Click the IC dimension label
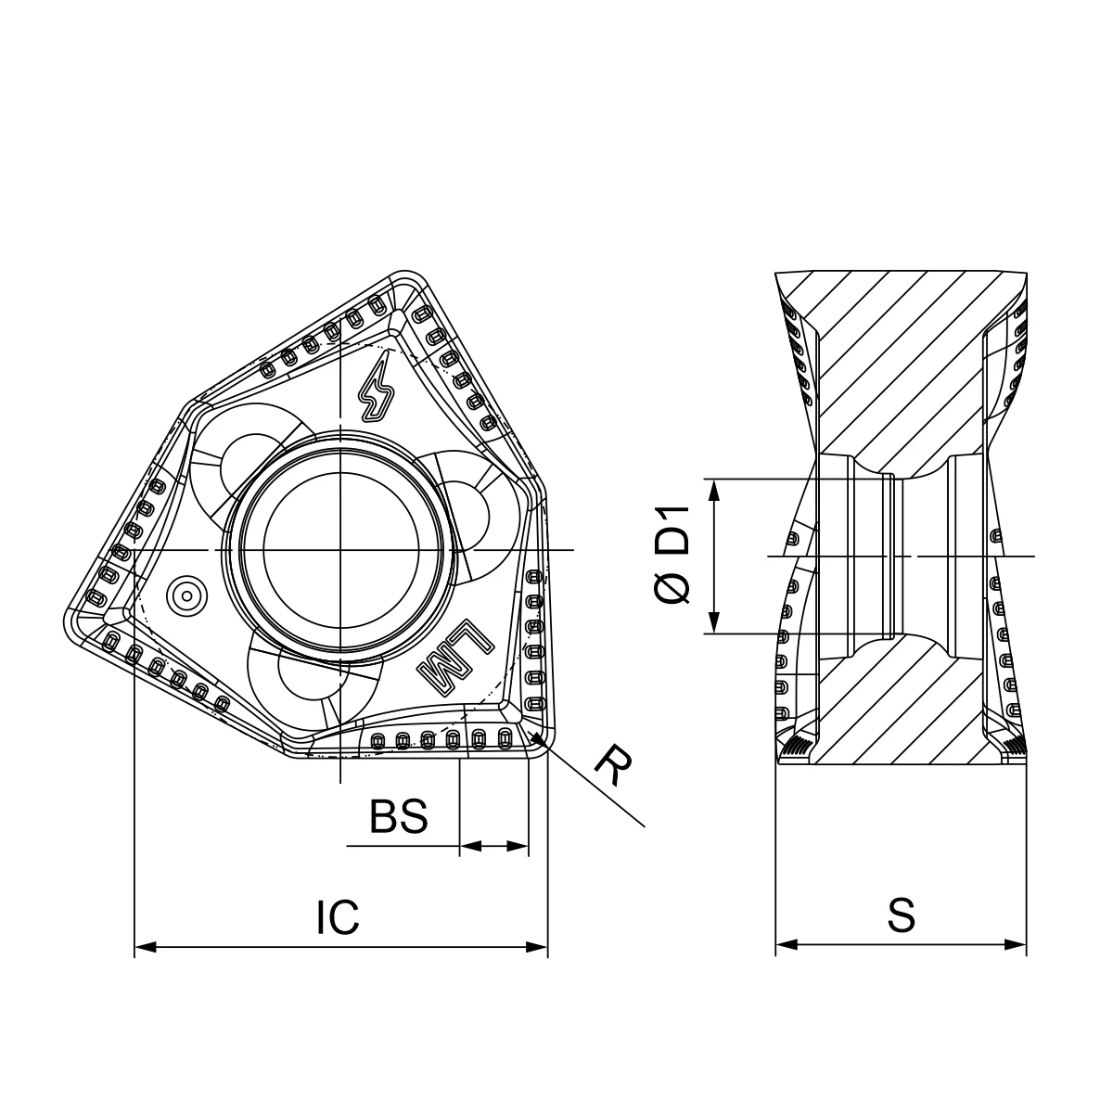338,916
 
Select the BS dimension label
399,816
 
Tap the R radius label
614,765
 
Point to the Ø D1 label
672,555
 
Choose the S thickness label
902,915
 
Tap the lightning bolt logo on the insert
377,387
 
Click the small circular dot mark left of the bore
186,595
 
